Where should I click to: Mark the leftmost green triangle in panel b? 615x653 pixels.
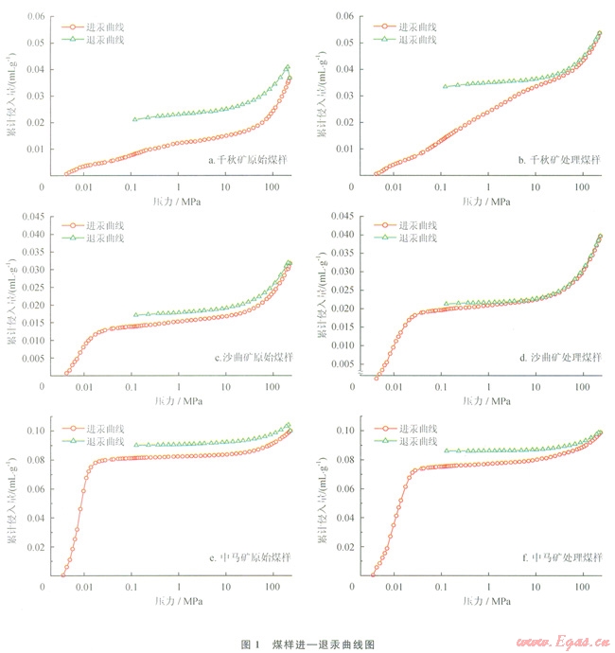point(445,86)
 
